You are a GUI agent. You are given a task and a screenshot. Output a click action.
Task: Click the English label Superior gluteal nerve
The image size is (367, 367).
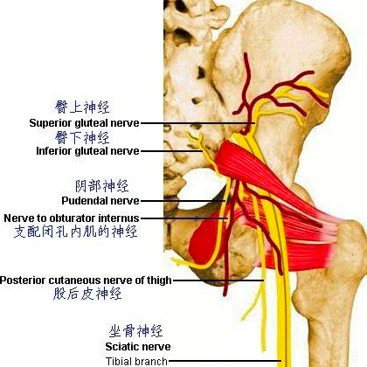(84, 123)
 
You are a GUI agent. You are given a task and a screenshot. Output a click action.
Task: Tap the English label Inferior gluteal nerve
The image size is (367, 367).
(87, 151)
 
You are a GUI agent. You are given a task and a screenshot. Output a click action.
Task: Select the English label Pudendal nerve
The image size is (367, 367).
(100, 201)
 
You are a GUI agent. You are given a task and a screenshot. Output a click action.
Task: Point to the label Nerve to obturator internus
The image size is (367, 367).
(72, 218)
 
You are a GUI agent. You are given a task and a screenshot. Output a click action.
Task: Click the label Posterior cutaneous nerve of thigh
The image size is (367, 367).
(86, 280)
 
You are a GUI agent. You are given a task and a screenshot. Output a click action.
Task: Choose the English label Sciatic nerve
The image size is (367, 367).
(138, 347)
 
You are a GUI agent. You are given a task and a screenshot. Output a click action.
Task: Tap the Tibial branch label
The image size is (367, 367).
(136, 362)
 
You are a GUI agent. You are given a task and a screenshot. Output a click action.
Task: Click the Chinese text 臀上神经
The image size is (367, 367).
(82, 107)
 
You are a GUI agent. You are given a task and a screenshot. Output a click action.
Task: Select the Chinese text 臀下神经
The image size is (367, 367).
(82, 137)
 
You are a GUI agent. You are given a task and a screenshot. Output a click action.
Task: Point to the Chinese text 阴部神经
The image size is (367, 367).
(102, 186)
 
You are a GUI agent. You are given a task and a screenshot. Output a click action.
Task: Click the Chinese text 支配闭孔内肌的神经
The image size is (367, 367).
(76, 232)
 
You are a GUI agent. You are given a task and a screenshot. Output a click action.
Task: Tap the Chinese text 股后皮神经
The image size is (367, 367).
(87, 294)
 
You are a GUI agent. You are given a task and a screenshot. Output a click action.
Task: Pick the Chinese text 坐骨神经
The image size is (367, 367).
(135, 331)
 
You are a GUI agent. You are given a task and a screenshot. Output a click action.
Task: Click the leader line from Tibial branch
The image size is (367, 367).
(225, 361)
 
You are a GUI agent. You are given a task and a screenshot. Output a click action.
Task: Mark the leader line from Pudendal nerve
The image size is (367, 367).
(183, 201)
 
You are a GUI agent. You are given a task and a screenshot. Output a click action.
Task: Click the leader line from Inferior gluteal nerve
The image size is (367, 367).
(171, 151)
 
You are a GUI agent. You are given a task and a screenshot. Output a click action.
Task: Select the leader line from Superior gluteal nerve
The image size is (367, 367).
(198, 123)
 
